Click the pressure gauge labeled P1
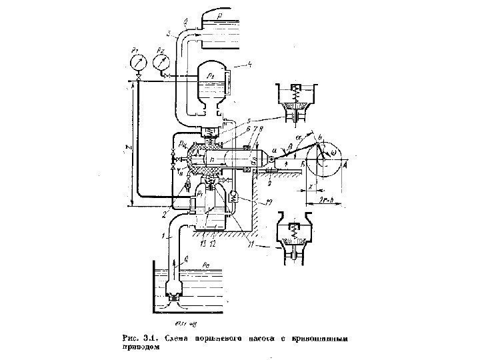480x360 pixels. (x=137, y=62)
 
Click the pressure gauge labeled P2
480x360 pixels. (x=161, y=62)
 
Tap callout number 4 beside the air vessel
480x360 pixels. (x=248, y=65)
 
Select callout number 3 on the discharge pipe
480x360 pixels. (x=169, y=33)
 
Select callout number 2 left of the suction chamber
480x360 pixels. (x=164, y=214)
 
